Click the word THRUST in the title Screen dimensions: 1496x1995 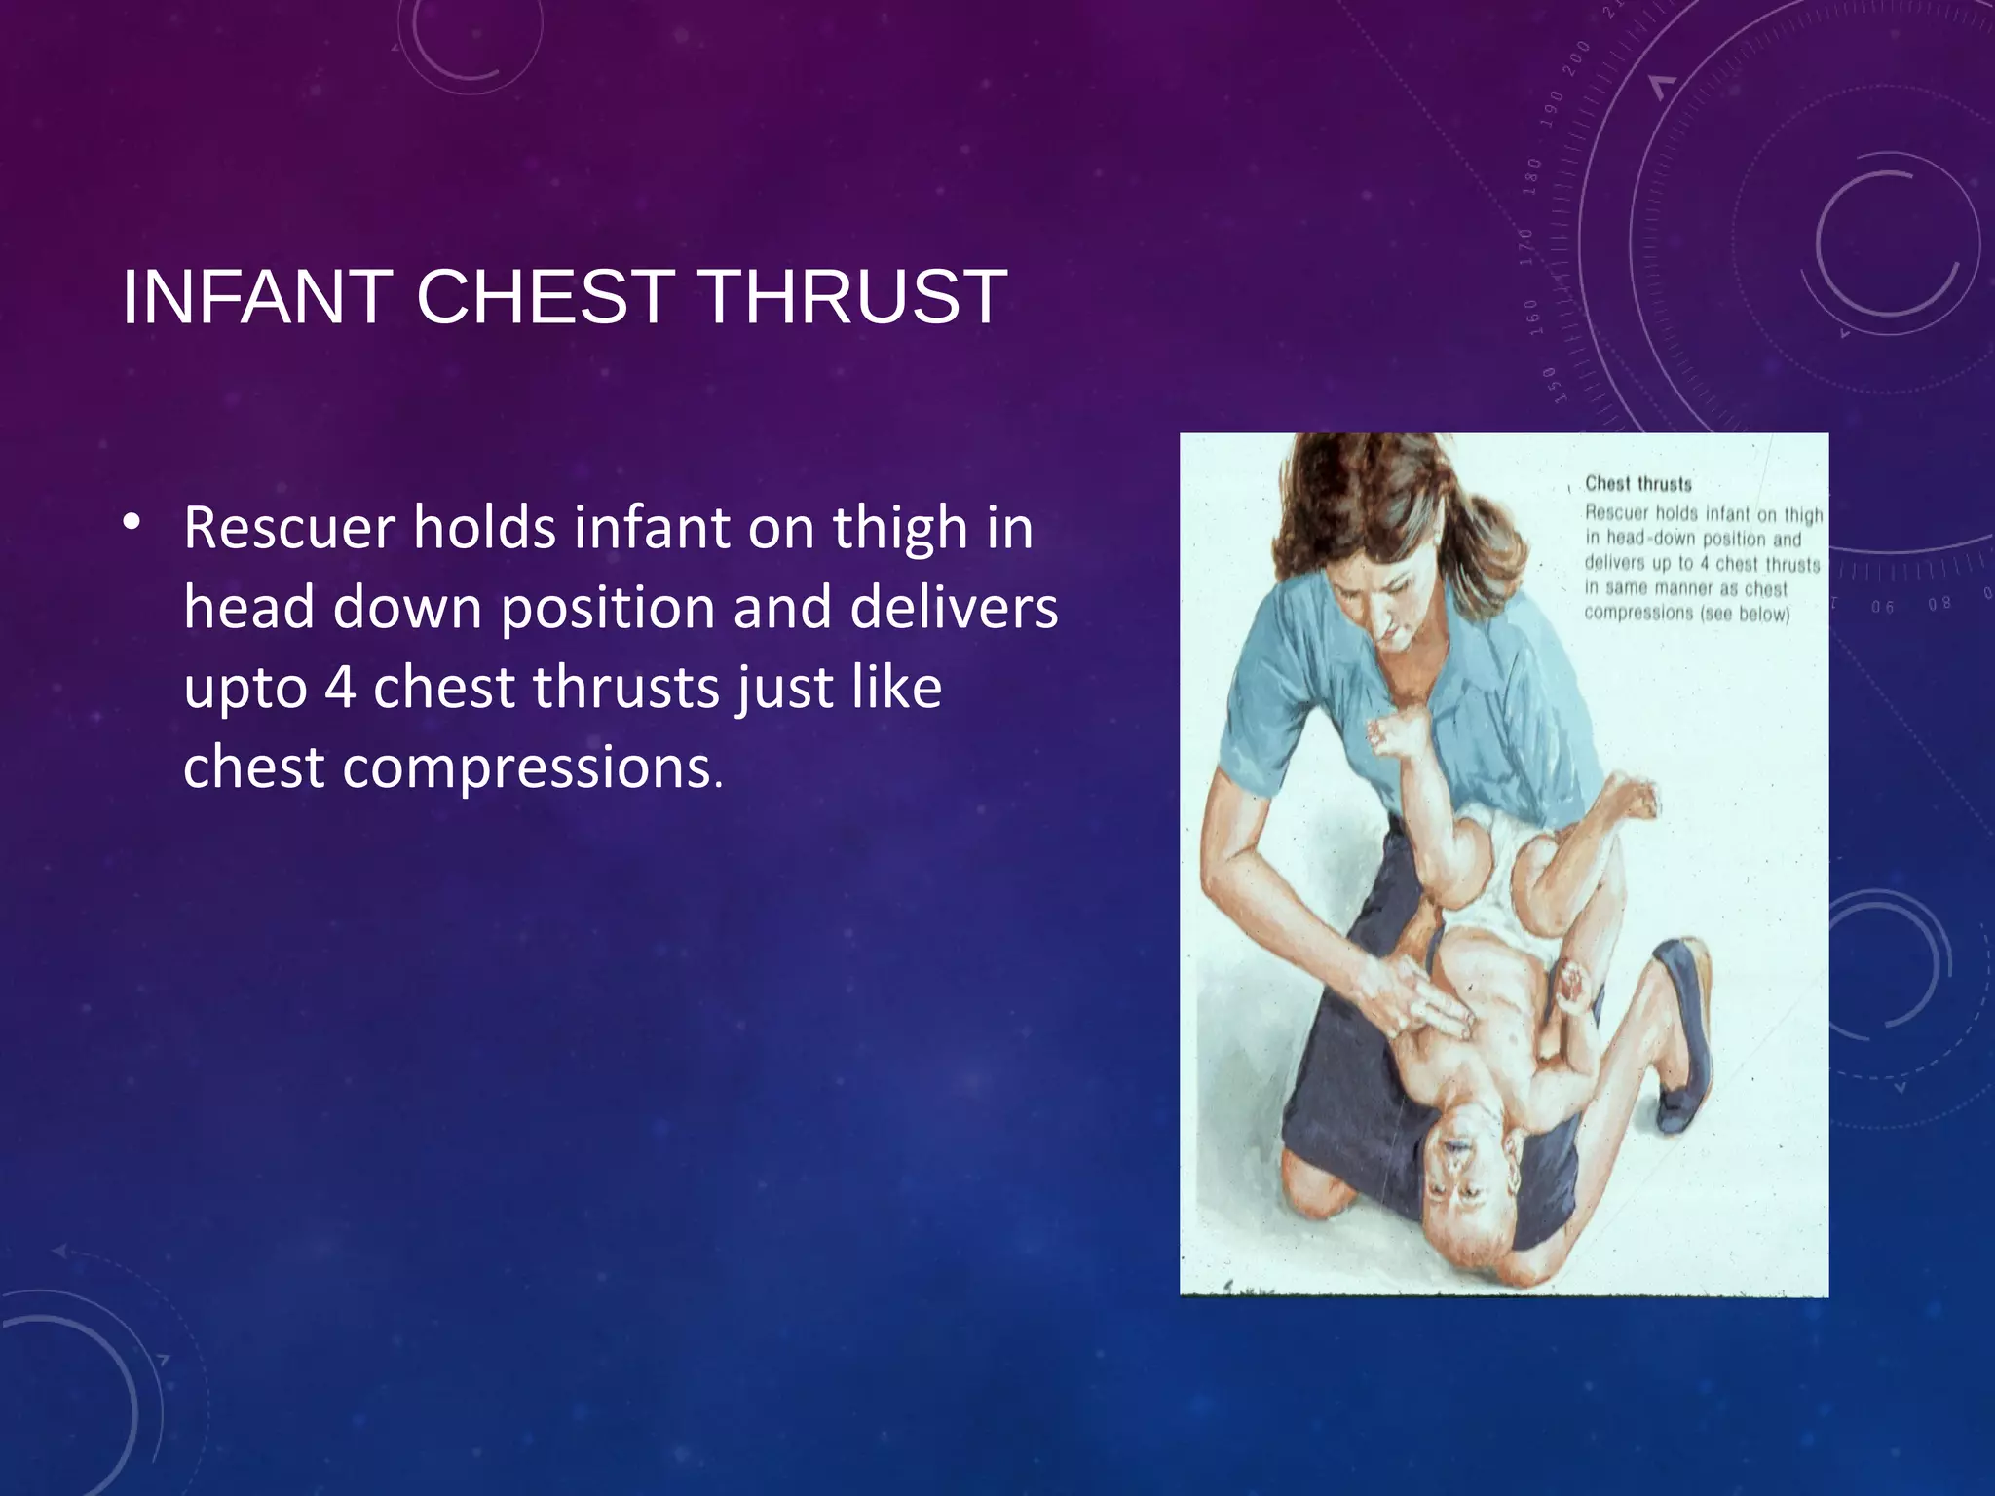pos(853,297)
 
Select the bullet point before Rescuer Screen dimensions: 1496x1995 pos(132,522)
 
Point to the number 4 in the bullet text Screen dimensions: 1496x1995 pos(340,688)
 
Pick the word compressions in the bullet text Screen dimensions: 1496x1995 pos(526,768)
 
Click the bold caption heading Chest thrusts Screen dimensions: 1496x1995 pos(1638,484)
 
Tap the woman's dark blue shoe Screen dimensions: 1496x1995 pos(1685,1032)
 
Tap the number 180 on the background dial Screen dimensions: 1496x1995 pos(1533,175)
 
